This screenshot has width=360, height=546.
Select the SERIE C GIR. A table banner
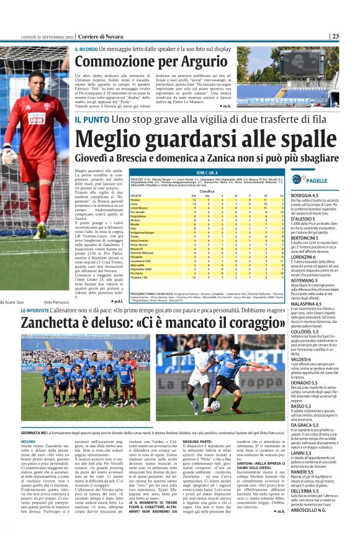[x=209, y=172]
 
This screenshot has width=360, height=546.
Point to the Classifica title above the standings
[x=209, y=191]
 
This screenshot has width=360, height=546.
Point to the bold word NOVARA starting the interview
[x=30, y=441]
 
